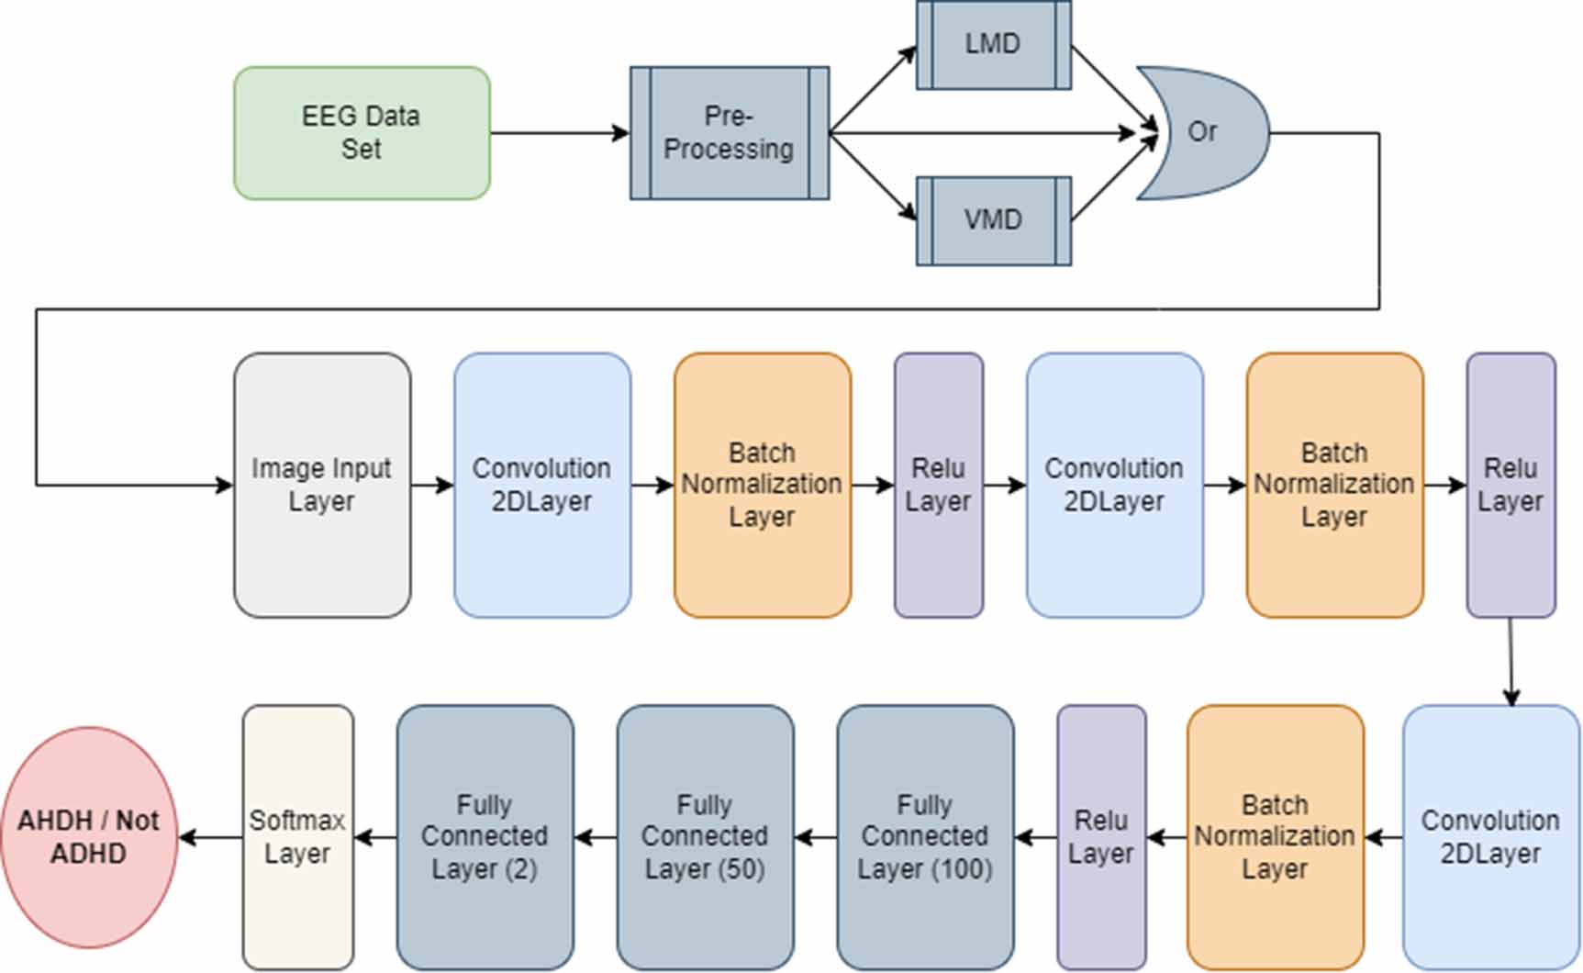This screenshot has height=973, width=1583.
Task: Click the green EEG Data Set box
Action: click(x=362, y=133)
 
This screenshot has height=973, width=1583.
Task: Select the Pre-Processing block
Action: click(x=730, y=133)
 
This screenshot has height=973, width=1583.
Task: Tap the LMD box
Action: click(x=993, y=44)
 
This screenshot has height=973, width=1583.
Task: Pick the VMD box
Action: click(x=993, y=220)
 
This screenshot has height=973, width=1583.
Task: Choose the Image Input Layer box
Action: click(x=322, y=485)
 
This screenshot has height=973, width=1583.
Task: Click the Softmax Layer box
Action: click(x=297, y=836)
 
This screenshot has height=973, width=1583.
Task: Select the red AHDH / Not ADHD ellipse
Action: click(x=89, y=836)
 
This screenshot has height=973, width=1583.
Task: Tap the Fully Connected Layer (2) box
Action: click(x=485, y=836)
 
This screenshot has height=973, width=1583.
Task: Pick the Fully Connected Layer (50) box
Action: click(x=705, y=836)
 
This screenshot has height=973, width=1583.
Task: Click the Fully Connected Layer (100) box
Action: click(x=925, y=836)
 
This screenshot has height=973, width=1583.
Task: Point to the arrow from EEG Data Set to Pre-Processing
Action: click(x=560, y=133)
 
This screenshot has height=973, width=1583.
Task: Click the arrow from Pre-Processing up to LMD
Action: click(x=872, y=89)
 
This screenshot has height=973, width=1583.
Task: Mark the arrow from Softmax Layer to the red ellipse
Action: click(x=211, y=836)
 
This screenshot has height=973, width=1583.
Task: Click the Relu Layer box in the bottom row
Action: click(x=1101, y=836)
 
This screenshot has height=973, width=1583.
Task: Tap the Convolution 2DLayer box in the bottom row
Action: click(x=1490, y=836)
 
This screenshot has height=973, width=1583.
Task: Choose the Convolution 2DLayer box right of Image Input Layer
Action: click(x=542, y=485)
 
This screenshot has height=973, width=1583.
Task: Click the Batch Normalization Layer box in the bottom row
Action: click(x=1275, y=836)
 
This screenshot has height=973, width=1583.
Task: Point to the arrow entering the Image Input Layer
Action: click(x=138, y=485)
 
